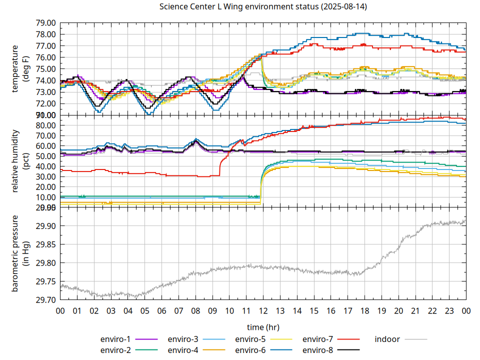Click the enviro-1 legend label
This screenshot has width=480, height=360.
pyautogui.click(x=115, y=339)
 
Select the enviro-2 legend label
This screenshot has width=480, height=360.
pyautogui.click(x=115, y=350)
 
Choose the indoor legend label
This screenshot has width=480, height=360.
pyautogui.click(x=387, y=339)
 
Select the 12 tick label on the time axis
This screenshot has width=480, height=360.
pyautogui.click(x=263, y=310)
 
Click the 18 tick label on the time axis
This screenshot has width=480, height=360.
pyautogui.click(x=364, y=310)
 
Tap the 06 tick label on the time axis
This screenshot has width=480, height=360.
pyautogui.click(x=161, y=310)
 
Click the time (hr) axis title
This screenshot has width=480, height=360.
pyautogui.click(x=263, y=327)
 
